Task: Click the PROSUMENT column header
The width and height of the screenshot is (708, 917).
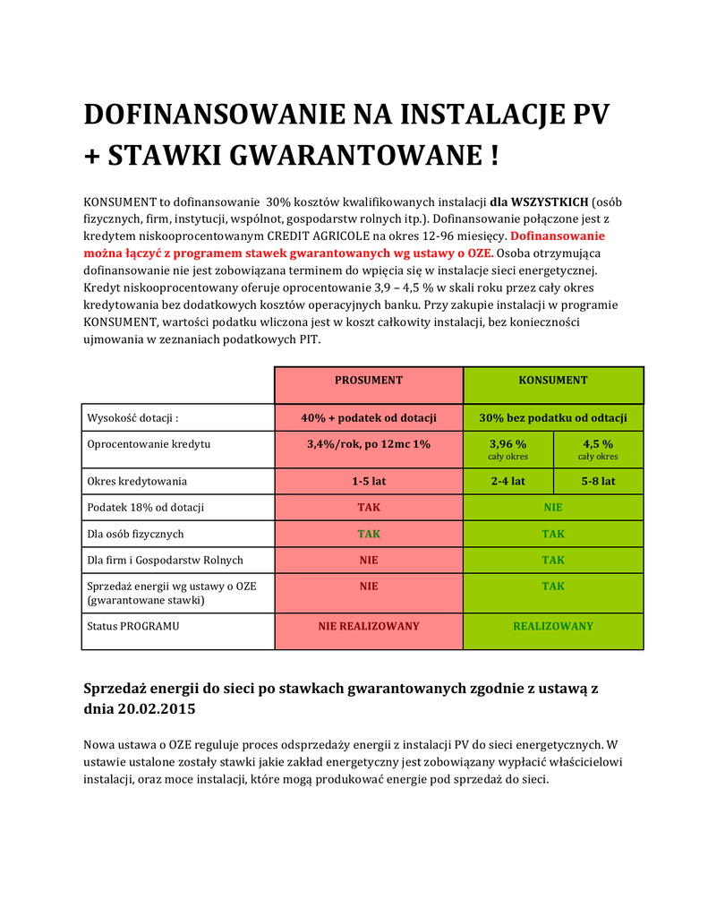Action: (x=369, y=381)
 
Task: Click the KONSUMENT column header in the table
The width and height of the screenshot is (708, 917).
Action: (x=553, y=381)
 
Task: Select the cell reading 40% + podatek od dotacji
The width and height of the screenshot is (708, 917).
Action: (x=369, y=418)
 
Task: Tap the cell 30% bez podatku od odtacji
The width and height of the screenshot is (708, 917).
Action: (x=553, y=418)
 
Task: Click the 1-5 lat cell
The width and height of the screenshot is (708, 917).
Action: (x=369, y=481)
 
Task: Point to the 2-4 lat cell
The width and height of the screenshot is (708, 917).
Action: (x=508, y=481)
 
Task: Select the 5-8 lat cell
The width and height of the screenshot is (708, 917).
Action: (x=598, y=481)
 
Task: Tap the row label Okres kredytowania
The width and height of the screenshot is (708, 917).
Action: (x=137, y=481)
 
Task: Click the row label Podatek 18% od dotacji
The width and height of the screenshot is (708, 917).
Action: (x=145, y=507)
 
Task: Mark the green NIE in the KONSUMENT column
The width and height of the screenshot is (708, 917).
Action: (x=553, y=507)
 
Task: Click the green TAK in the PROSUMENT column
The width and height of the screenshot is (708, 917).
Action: (x=369, y=534)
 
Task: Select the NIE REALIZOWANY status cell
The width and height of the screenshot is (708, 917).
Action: (x=369, y=626)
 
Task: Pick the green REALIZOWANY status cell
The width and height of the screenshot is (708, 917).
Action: (x=553, y=626)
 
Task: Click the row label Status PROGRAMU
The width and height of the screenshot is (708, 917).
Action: (x=132, y=626)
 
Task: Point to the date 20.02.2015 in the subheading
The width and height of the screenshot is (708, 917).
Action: (x=156, y=708)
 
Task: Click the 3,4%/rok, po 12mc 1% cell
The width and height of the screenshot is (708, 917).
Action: (x=369, y=444)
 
